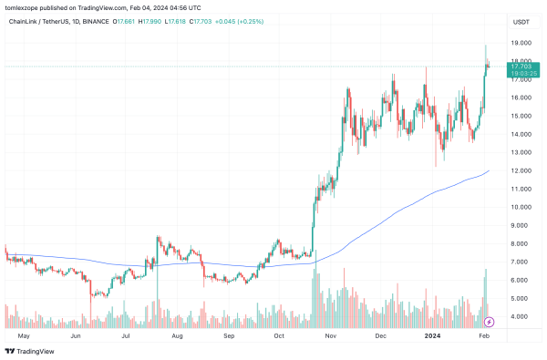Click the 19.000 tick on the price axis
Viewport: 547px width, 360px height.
coord(521,43)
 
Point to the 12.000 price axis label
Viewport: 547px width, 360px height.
coord(521,170)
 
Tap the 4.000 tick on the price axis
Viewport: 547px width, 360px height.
coord(520,316)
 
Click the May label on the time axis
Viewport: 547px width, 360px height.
coord(24,335)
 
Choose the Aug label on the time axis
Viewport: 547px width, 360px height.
coord(177,335)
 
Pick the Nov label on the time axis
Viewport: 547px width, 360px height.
coord(332,335)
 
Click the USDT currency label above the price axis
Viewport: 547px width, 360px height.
coord(521,21)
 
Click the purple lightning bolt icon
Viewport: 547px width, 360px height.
coord(490,321)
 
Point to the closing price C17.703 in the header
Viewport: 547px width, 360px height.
coord(201,21)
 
